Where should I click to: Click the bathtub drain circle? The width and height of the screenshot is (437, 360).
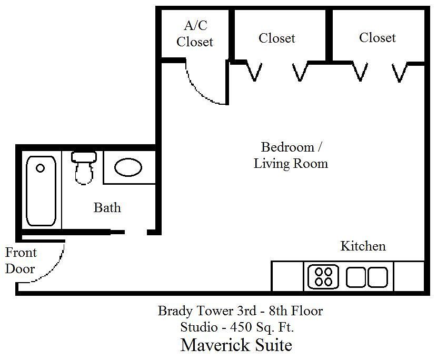41,168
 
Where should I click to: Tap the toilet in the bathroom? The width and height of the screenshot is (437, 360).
84,168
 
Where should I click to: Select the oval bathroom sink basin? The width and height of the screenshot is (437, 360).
128,167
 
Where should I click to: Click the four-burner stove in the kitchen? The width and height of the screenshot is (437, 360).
323,277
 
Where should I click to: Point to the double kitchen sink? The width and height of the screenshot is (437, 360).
367,277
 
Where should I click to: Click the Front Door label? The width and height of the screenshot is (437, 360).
21,261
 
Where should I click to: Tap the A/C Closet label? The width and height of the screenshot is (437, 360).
195,34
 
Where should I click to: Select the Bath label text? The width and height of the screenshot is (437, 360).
107,207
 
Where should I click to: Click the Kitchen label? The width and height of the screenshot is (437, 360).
363,246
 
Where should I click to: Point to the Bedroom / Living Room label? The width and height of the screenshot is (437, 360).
291,155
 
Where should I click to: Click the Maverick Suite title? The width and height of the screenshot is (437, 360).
236,345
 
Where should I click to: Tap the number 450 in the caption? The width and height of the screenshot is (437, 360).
241,327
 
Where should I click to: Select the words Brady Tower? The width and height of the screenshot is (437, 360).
196,311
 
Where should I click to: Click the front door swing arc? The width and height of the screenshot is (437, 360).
54,268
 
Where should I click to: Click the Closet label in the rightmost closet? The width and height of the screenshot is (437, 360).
378,37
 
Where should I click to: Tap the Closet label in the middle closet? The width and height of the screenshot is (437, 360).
277,38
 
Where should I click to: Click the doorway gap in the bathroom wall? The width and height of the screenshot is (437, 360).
136,232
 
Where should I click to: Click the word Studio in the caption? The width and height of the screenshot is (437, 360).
199,327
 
